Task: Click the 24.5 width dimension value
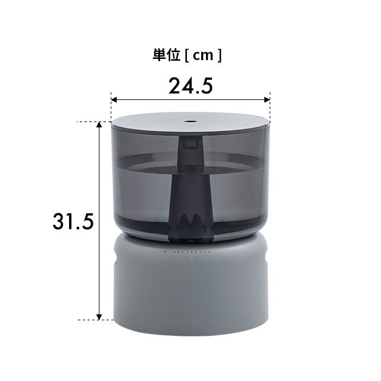click(x=190, y=86)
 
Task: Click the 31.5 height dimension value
click(x=73, y=221)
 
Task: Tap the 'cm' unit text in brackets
click(x=203, y=56)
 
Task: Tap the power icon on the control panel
click(x=165, y=259)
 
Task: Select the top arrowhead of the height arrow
click(x=99, y=126)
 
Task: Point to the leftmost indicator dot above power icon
click(x=165, y=251)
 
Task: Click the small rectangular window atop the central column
click(x=190, y=143)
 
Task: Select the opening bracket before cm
click(x=186, y=56)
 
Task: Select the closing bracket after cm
click(x=219, y=56)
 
